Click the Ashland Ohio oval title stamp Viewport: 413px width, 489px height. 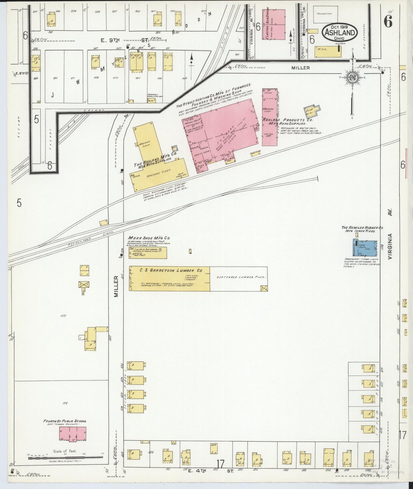(340, 32)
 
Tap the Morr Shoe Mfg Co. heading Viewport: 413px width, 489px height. (149, 238)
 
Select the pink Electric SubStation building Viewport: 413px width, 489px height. (274, 25)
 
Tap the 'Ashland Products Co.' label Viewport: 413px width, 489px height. (287, 120)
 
